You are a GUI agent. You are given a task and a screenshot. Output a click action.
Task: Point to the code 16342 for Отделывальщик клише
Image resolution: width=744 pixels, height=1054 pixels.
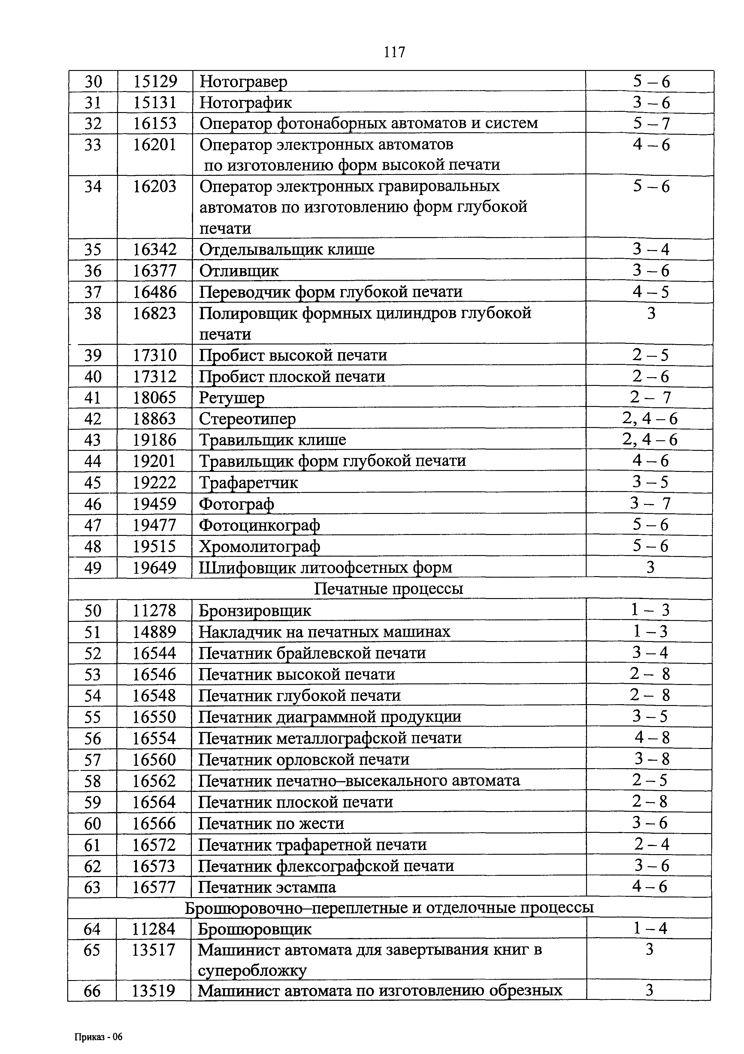pos(155,249)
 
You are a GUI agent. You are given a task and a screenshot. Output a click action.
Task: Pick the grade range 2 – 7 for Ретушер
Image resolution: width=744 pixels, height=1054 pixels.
pos(650,397)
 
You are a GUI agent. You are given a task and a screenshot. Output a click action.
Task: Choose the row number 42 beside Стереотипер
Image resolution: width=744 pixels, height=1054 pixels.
pos(93,419)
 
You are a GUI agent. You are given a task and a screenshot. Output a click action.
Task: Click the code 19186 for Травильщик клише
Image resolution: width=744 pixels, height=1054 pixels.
pos(155,440)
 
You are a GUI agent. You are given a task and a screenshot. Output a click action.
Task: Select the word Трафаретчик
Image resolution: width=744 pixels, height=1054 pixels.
pos(248,482)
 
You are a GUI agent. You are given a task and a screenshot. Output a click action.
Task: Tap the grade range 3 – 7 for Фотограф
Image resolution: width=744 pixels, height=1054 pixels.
pos(650,504)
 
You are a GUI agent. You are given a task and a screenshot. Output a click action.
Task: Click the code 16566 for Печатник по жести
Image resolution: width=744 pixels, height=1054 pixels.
pos(154,823)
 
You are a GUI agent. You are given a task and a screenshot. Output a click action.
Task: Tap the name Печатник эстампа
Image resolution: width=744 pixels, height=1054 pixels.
pos(267,887)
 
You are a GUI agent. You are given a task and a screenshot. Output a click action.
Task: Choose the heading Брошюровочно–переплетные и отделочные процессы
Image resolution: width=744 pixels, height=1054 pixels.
pos(389,908)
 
